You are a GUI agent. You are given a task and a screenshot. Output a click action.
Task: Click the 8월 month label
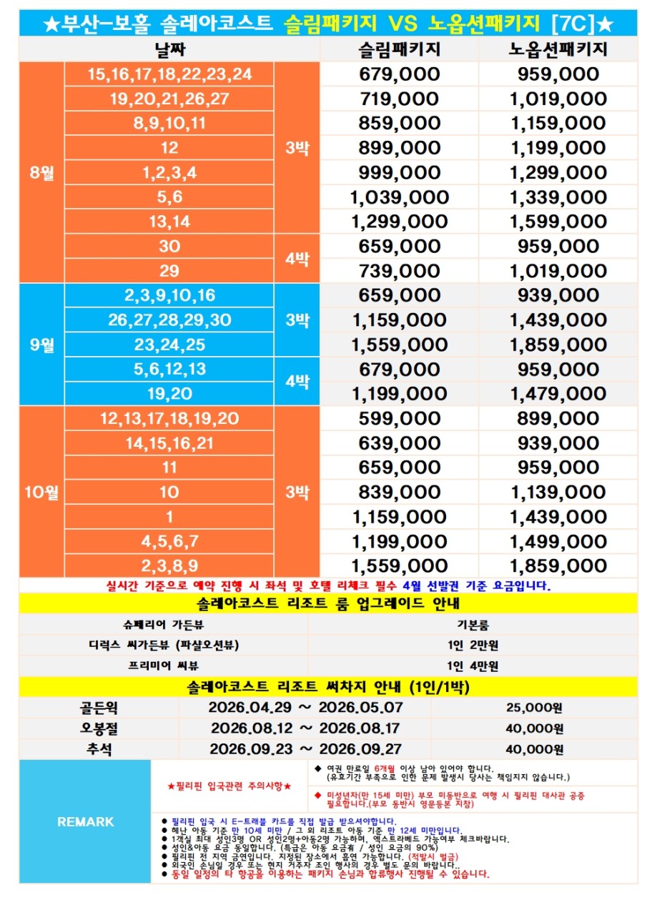(42, 172)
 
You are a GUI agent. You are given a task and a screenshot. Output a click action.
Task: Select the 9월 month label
(42, 345)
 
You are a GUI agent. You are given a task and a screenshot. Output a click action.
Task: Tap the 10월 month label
(42, 492)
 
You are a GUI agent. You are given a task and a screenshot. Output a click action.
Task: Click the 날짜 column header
(169, 49)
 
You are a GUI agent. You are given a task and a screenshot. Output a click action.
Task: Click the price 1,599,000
(558, 222)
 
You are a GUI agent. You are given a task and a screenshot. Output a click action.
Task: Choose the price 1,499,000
(558, 541)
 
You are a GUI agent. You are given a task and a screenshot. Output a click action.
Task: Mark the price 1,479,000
(558, 394)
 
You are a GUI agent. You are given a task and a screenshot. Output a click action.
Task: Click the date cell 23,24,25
(169, 345)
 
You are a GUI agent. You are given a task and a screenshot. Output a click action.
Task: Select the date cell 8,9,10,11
(169, 123)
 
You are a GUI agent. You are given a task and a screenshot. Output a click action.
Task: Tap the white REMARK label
(85, 822)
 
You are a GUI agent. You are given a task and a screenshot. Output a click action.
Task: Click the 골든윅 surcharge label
(99, 708)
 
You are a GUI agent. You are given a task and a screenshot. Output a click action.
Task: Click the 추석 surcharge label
(99, 749)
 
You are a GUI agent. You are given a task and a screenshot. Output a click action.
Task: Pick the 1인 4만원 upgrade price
(473, 666)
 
